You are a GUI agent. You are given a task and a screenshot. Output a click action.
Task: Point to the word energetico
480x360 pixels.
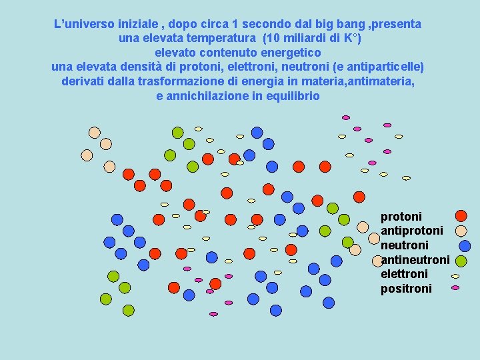click(x=288, y=52)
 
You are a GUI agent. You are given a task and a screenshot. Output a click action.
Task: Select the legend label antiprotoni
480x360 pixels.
click(x=411, y=231)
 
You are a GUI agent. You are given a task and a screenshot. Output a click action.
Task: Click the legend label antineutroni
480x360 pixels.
click(x=415, y=259)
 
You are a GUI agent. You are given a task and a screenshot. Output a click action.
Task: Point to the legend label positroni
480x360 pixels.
click(x=406, y=289)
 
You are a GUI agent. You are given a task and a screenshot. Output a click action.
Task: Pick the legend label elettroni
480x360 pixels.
click(x=404, y=274)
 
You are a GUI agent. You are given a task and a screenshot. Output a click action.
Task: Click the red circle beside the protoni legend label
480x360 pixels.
click(x=461, y=216)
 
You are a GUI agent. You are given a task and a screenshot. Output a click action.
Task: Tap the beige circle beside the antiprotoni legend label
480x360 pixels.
click(x=461, y=231)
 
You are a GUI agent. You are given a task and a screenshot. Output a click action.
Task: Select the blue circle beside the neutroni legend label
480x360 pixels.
click(x=465, y=246)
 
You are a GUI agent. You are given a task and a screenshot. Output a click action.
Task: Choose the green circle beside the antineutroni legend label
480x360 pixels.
click(x=461, y=260)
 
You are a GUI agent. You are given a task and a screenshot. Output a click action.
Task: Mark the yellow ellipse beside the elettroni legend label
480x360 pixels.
click(x=455, y=275)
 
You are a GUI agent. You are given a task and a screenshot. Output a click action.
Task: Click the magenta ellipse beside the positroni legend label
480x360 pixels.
click(x=455, y=288)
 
